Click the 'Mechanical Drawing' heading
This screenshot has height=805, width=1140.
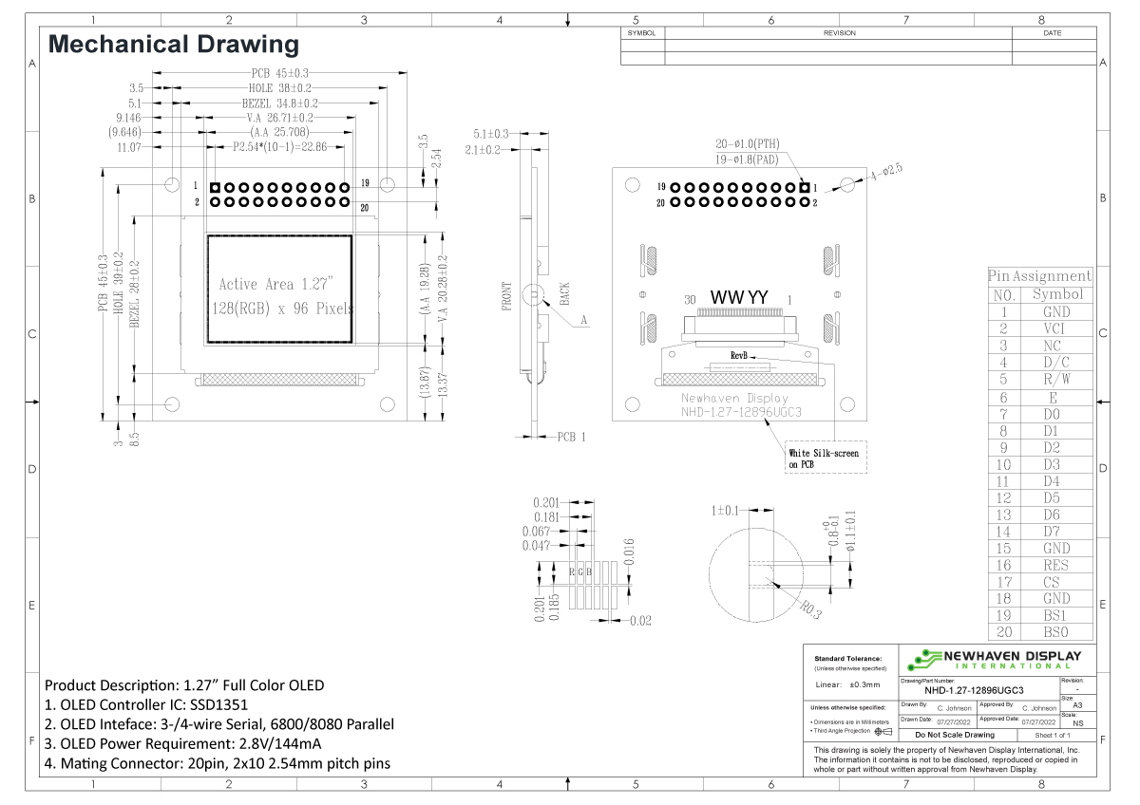(x=173, y=44)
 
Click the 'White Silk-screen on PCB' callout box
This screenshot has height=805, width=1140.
(x=826, y=459)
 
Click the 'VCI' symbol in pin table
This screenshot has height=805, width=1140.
(x=1055, y=328)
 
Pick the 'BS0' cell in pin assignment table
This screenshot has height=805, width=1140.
(x=1055, y=632)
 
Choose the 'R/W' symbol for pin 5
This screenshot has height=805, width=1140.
(x=1055, y=379)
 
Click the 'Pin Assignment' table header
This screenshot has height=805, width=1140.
(x=1039, y=276)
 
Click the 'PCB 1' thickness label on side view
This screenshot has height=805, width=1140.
(x=571, y=437)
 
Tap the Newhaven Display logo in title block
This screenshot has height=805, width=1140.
(x=994, y=660)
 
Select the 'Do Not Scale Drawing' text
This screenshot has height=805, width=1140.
(x=954, y=735)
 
